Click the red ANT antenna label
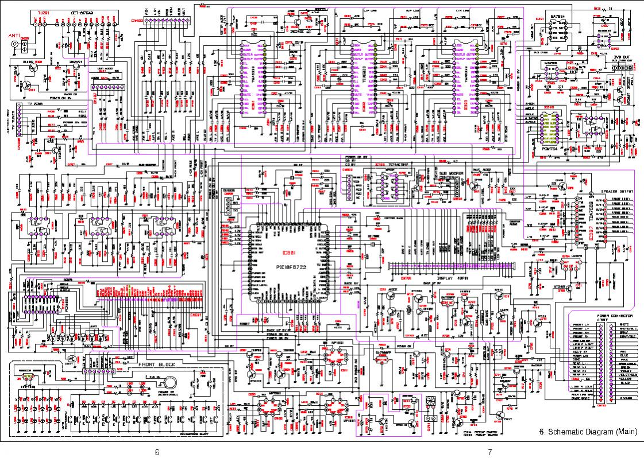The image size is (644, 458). [14, 36]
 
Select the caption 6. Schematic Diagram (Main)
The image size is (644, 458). [588, 432]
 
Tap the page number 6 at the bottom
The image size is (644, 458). [157, 452]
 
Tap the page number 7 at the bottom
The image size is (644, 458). [489, 452]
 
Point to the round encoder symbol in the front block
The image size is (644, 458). [169, 381]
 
